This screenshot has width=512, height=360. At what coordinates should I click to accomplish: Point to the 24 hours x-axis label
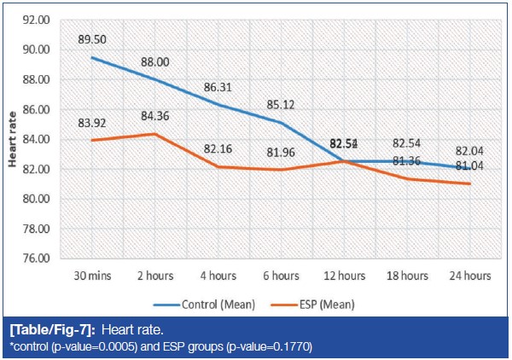(468, 276)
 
